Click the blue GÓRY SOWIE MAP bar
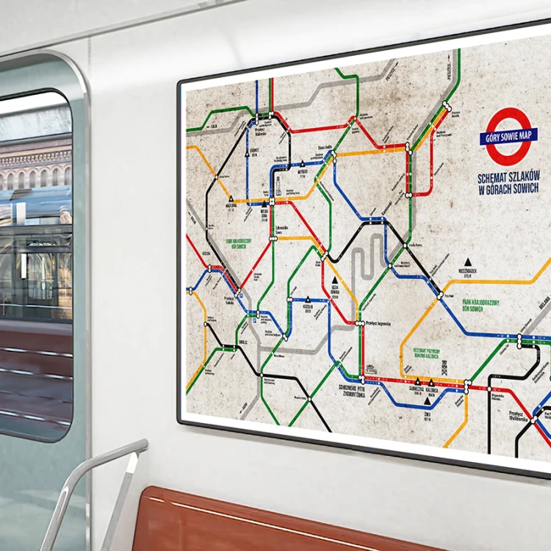click(509, 136)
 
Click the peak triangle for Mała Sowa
click(302, 164)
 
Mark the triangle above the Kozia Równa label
click(334, 280)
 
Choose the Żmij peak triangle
click(427, 401)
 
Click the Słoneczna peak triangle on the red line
click(417, 381)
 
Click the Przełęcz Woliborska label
click(521, 416)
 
